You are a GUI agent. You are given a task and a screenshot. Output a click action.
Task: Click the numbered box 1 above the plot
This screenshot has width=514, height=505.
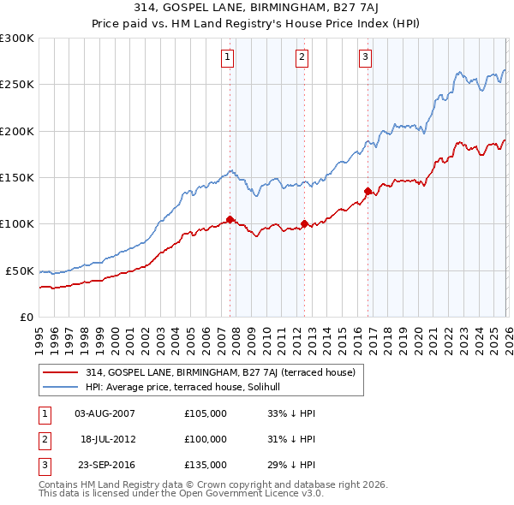click(228, 57)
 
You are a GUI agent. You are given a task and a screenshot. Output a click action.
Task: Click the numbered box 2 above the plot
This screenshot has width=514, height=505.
click(302, 57)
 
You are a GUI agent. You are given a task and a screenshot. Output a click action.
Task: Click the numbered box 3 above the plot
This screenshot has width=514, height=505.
click(365, 57)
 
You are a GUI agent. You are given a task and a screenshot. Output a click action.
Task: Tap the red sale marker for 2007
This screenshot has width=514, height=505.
click(230, 219)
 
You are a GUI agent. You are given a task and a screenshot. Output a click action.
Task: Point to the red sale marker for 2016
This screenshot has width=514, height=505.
click(368, 191)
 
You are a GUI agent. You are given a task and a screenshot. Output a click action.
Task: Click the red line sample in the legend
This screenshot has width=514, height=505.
click(61, 372)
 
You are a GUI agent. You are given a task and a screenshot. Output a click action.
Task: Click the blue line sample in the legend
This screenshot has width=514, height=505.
click(61, 388)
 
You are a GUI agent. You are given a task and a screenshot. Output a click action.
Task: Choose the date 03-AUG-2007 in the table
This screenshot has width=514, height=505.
click(105, 414)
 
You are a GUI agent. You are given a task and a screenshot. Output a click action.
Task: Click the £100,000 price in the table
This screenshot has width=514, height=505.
click(206, 439)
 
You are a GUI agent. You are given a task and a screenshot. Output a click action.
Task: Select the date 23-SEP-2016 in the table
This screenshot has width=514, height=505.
click(105, 465)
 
